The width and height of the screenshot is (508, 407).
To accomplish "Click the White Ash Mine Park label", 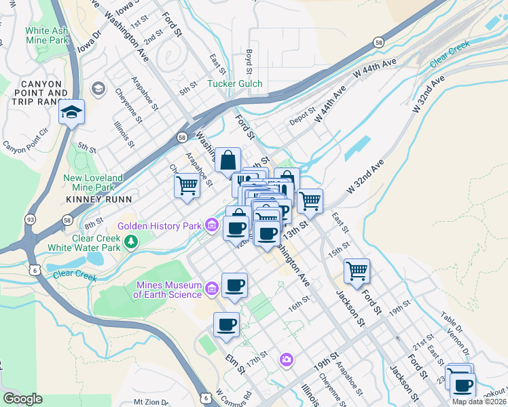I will click(47, 35).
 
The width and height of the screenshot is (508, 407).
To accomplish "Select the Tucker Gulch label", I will click(234, 83).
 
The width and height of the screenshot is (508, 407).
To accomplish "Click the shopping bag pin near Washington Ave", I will click(228, 161).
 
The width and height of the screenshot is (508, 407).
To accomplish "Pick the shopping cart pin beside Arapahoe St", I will click(187, 185).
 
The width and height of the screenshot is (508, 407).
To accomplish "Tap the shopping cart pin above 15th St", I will click(357, 271).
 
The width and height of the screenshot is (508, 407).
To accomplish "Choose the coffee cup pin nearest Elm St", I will click(227, 325).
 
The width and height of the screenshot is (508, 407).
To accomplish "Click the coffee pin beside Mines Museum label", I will click(234, 285).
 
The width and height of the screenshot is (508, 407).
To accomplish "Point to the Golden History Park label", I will click(160, 226).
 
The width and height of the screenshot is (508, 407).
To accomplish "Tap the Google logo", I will click(22, 398).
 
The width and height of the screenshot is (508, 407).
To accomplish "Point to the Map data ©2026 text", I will click(479, 402).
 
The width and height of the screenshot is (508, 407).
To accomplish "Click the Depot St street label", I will click(303, 117).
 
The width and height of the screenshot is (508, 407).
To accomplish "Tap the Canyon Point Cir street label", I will click(26, 147).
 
